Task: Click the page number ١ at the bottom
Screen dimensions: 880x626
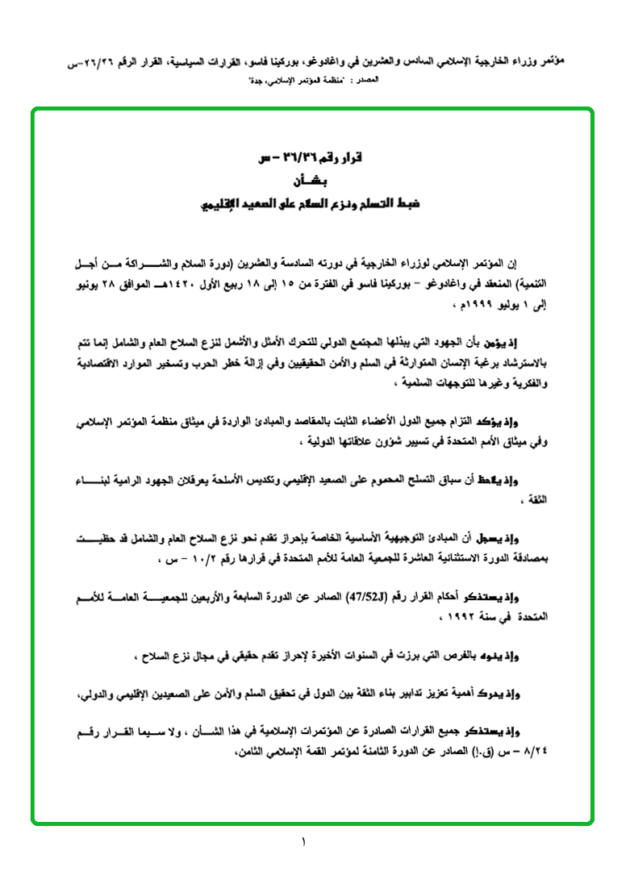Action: click(304, 844)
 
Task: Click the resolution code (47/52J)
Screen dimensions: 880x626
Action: click(369, 598)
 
